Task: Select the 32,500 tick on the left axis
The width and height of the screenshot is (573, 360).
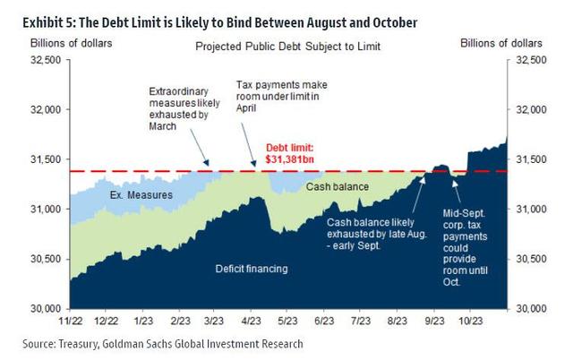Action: click(x=45, y=60)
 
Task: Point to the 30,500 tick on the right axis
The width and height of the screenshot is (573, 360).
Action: click(x=528, y=258)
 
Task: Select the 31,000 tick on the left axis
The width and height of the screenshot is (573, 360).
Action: click(x=45, y=209)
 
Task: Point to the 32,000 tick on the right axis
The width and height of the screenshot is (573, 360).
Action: click(x=528, y=109)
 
